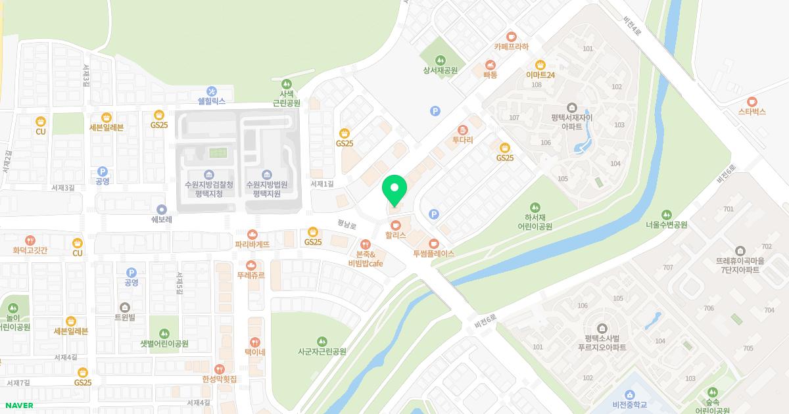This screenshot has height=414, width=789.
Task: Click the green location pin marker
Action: point(394,191)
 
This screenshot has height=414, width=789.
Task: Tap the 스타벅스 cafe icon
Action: point(752,102)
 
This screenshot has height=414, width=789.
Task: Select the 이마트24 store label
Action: point(540,75)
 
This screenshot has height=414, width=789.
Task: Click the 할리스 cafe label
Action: point(396,235)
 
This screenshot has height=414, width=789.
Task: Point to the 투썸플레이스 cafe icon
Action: point(433,244)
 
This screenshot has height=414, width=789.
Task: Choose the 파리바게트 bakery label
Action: point(252,244)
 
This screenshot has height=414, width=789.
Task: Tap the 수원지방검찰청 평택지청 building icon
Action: point(208,174)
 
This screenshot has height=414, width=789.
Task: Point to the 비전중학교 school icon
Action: point(630,395)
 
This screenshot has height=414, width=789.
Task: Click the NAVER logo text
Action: point(18,405)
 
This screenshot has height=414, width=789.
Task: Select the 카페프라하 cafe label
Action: point(511,47)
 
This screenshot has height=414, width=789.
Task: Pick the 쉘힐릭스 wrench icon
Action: point(212,91)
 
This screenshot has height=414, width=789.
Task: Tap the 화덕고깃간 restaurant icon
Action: point(30,241)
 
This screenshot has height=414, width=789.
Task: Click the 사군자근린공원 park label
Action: point(322,352)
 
